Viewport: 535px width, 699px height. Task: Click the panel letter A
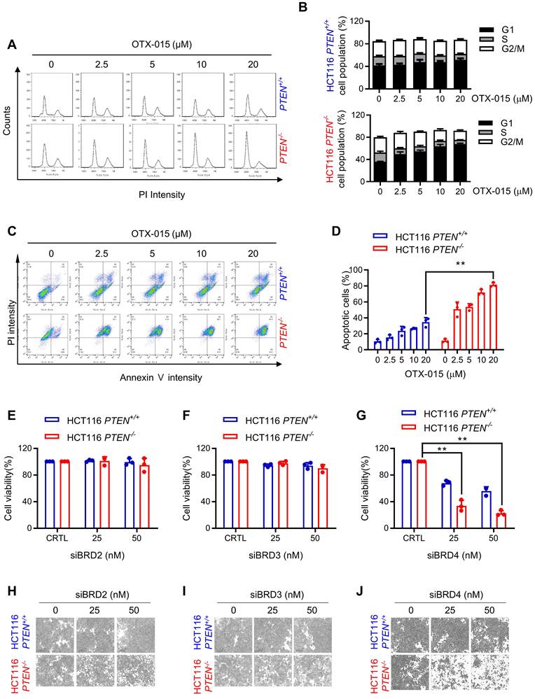tap(13, 45)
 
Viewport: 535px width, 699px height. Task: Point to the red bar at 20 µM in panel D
tap(493, 316)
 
